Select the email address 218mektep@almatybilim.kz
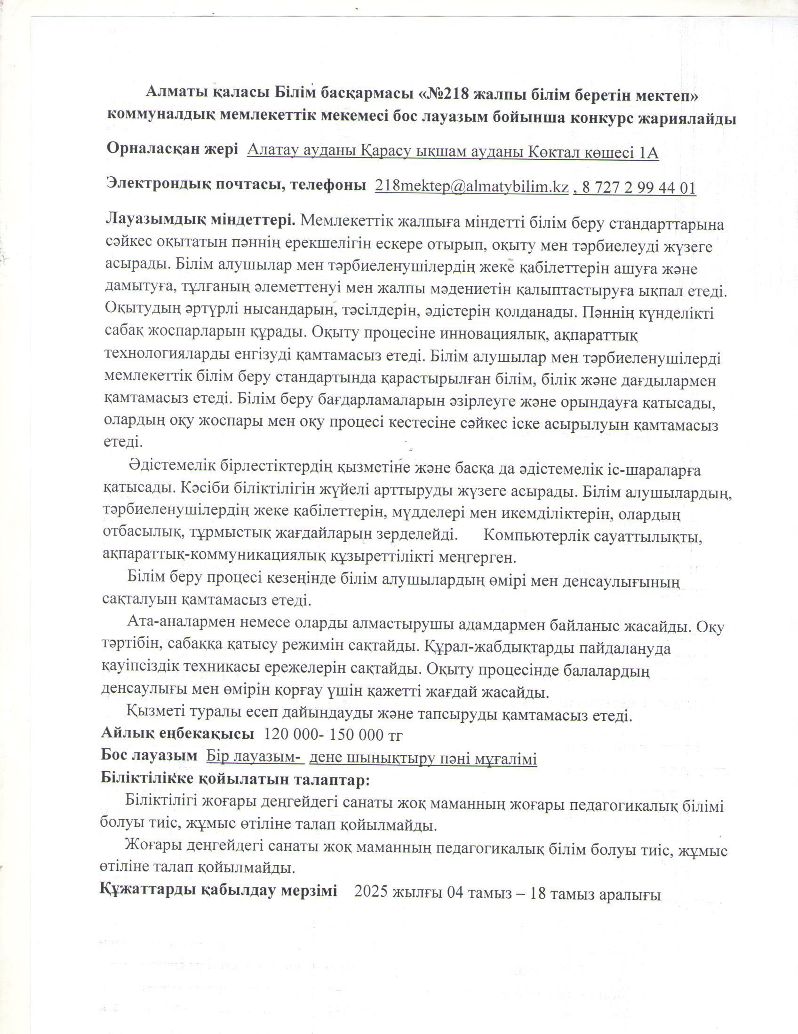pyautogui.click(x=471, y=187)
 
